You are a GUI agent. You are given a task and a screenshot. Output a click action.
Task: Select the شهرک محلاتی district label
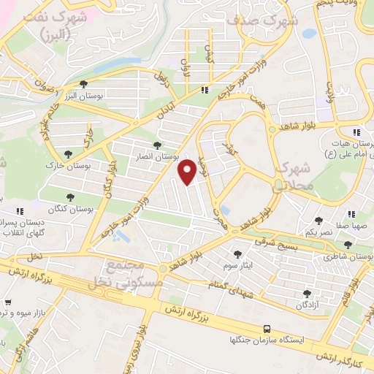coord(293,176)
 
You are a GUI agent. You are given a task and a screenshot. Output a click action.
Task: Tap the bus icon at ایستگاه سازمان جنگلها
coord(267,329)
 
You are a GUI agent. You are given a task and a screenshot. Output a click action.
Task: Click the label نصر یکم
coord(318,232)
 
